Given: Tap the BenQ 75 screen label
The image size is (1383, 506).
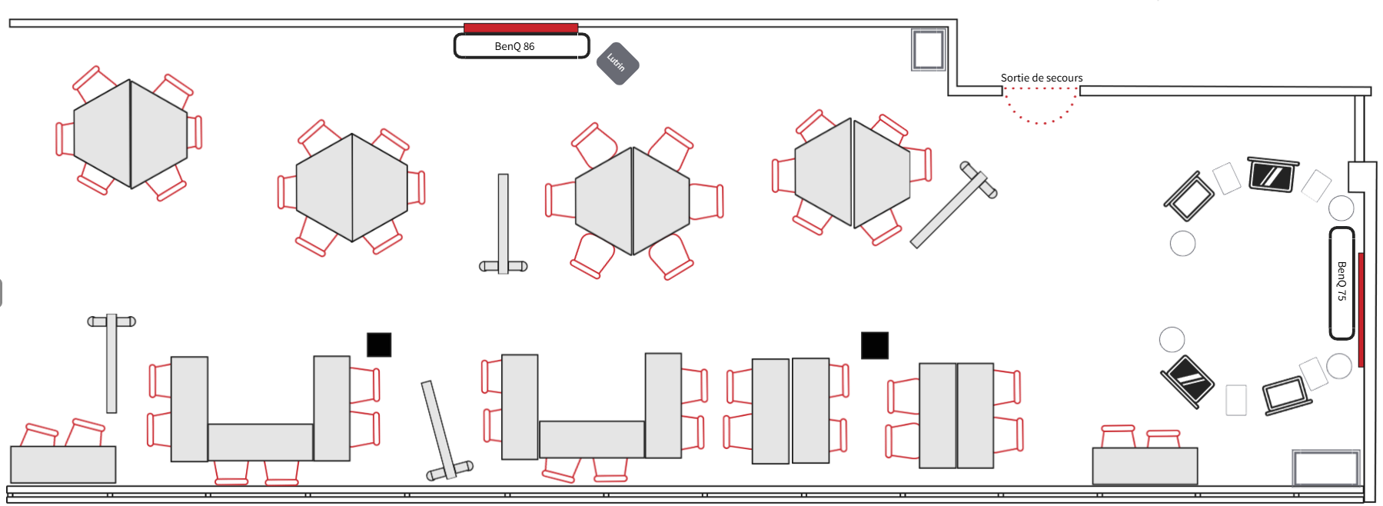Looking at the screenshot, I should point(1341,282).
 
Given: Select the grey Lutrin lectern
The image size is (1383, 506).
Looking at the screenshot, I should point(618,63).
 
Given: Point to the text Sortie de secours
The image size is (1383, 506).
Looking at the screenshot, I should point(1041,78).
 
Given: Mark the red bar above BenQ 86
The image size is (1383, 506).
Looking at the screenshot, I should point(520,28).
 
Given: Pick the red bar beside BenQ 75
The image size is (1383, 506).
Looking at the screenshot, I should point(1361,309).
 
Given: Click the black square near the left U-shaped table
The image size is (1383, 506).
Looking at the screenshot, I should point(379,345).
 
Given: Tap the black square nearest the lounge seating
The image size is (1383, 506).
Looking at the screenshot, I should point(874,345).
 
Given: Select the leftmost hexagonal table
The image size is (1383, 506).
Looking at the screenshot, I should point(131,134).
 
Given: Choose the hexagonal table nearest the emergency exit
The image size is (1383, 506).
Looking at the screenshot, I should point(853,172).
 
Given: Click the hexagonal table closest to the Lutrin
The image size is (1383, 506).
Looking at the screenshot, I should point(632,201).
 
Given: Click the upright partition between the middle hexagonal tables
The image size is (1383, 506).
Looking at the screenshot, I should point(503,224).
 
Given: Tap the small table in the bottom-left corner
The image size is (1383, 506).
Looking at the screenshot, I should point(63,464).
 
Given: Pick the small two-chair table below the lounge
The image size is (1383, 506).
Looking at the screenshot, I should point(1145,466).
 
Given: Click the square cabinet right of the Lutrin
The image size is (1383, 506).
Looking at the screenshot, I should point(928,50).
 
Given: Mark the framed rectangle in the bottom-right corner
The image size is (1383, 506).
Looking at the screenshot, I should point(1325,468).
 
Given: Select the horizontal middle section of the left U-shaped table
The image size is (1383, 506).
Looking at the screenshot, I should point(260,442).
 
